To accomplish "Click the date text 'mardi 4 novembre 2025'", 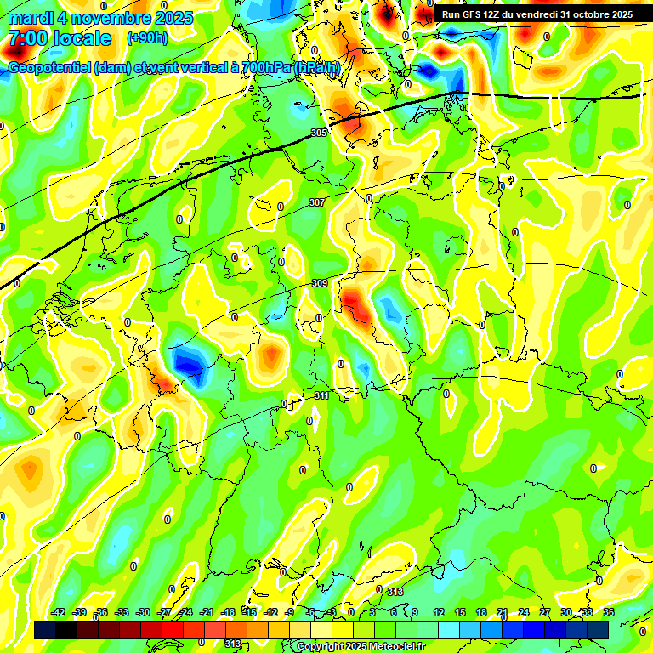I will (100, 18).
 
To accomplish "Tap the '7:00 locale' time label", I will (60, 39).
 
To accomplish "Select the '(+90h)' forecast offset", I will (147, 38).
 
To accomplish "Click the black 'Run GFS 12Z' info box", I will (537, 14).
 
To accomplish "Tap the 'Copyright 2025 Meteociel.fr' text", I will (360, 647).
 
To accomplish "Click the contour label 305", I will (319, 133).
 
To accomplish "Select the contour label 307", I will (316, 202).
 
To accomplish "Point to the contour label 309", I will (320, 283).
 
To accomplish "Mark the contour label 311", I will (321, 395).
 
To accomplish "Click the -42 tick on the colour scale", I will (59, 612).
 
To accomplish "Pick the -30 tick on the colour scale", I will (143, 612).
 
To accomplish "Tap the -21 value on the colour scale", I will (207, 612).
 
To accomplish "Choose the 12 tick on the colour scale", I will (439, 612).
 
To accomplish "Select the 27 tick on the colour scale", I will (545, 612).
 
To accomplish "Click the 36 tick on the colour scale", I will (608, 612).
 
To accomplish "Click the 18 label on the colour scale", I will (481, 612).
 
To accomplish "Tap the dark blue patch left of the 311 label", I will (187, 363).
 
